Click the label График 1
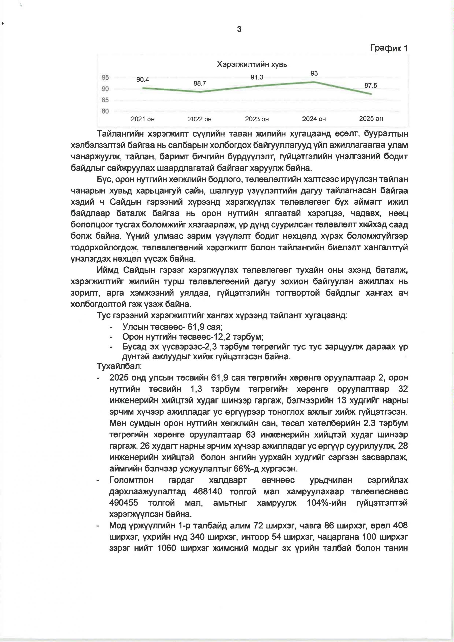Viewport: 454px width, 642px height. click(389, 48)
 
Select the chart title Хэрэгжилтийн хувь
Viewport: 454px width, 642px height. click(252, 65)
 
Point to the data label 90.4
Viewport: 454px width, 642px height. click(143, 80)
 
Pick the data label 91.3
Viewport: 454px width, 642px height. click(257, 77)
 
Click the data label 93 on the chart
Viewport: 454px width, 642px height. click(314, 73)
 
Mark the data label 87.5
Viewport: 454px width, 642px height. click(371, 86)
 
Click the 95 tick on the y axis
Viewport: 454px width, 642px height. click(105, 78)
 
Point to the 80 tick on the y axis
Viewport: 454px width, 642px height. click(105, 111)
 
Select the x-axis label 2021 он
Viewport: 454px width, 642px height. click(143, 119)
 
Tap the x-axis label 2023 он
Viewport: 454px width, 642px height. click(257, 119)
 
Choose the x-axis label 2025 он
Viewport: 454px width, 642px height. click(371, 119)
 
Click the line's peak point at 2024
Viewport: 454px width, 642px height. click(314, 82)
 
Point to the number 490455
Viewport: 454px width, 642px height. click(124, 503)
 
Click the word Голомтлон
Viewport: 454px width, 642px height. click(131, 480)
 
